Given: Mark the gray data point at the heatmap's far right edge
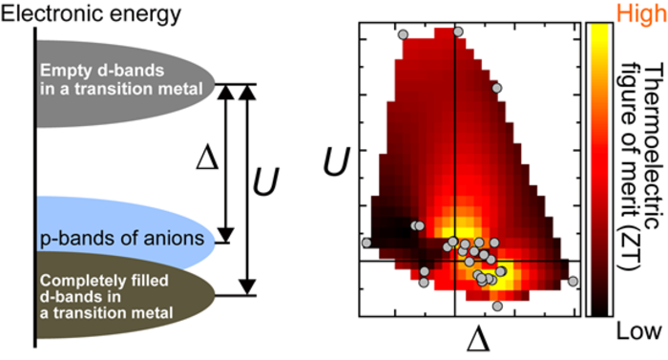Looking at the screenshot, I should [x=573, y=281].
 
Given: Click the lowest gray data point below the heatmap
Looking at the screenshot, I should [x=497, y=306].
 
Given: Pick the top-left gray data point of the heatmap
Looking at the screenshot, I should [x=403, y=33].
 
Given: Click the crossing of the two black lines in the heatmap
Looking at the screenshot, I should [x=454, y=261].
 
